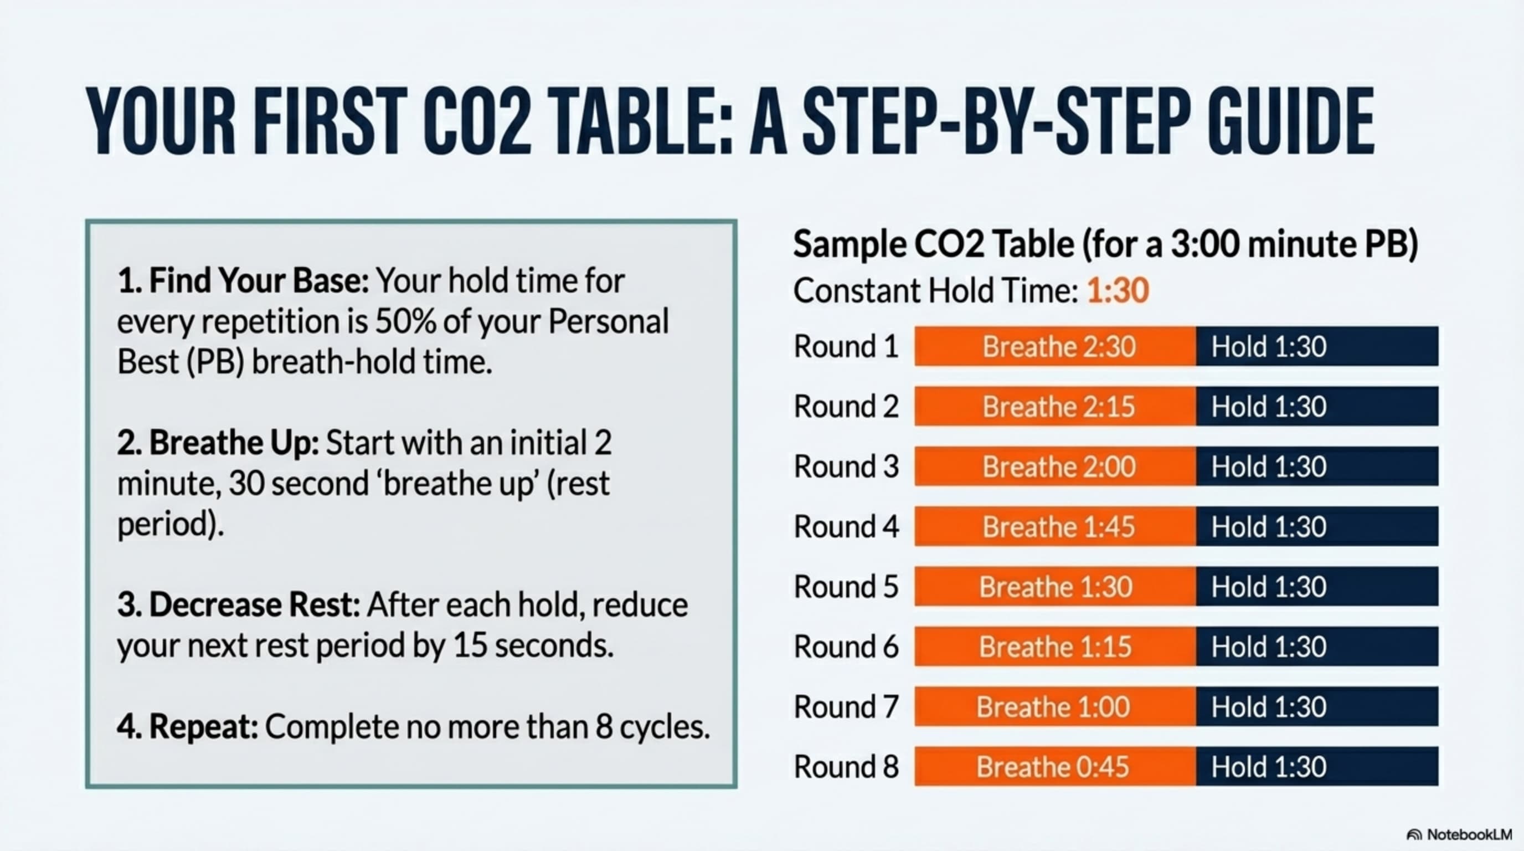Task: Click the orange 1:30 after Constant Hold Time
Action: pyautogui.click(x=1118, y=290)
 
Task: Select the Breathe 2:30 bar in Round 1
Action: pyautogui.click(x=1055, y=346)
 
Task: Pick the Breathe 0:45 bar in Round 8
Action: pyautogui.click(x=1055, y=766)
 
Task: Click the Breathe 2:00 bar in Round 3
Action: pyautogui.click(x=1055, y=466)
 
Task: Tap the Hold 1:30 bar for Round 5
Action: pyautogui.click(x=1317, y=587)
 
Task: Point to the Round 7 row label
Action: pyautogui.click(x=846, y=706)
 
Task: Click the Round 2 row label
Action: pyautogui.click(x=846, y=407)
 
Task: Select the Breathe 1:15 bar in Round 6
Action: pyautogui.click(x=1055, y=646)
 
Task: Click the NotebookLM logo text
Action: pyautogui.click(x=1470, y=834)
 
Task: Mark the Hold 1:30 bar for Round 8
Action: pyautogui.click(x=1317, y=766)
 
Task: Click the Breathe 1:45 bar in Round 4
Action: pyautogui.click(x=1055, y=526)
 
